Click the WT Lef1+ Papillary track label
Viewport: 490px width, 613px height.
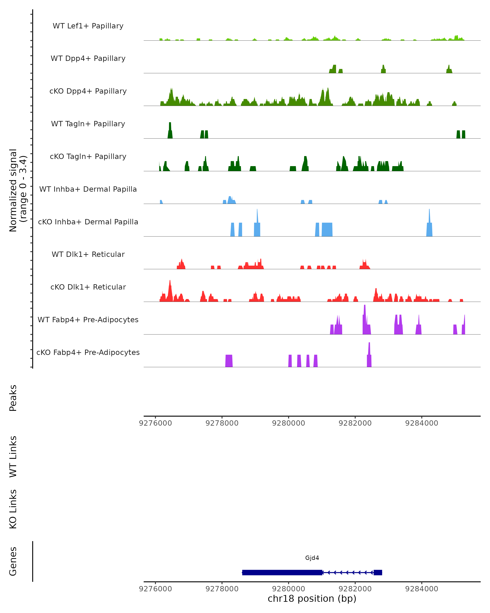pos(88,26)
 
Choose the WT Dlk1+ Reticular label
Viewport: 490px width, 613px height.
pos(88,254)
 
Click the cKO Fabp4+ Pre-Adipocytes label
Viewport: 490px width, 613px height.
pos(88,352)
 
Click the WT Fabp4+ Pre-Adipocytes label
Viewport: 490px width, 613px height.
pos(88,320)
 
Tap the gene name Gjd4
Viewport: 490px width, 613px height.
pos(312,558)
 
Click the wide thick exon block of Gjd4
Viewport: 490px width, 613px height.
pos(282,572)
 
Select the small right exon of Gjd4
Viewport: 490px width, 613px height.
pos(378,572)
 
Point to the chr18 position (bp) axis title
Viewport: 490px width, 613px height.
pos(312,598)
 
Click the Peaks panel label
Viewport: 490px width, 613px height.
pos(13,398)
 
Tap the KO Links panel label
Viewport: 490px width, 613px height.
pos(13,509)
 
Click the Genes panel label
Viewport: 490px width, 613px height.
pos(13,561)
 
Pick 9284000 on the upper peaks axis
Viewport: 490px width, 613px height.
pos(422,423)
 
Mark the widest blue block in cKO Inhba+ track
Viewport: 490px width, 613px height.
pos(327,229)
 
